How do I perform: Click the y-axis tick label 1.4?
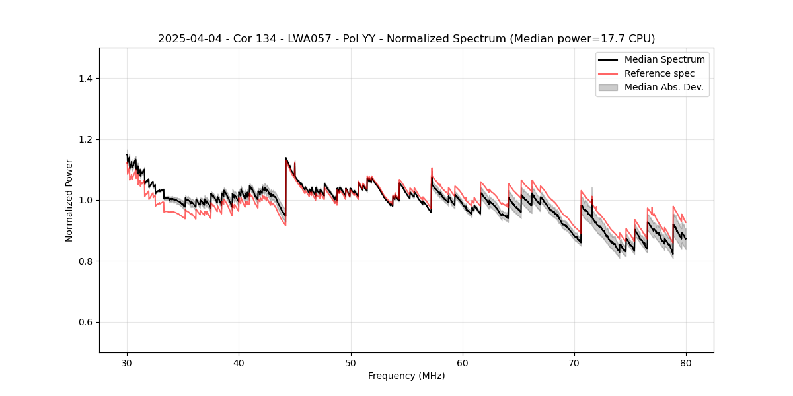[85, 79]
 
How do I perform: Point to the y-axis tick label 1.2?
[85, 139]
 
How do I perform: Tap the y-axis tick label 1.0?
[85, 200]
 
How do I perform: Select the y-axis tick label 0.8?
[85, 261]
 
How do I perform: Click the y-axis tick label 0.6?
[85, 322]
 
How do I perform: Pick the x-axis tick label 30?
[127, 363]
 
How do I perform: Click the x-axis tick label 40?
[239, 363]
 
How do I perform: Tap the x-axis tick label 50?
[351, 363]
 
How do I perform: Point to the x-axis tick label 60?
[463, 363]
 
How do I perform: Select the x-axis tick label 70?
[574, 363]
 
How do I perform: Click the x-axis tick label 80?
[686, 363]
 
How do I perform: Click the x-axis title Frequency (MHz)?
[406, 376]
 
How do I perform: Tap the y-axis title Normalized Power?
[69, 200]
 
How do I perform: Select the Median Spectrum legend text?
[664, 60]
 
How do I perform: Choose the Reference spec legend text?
[659, 73]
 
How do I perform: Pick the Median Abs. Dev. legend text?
[664, 87]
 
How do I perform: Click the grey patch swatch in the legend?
[608, 87]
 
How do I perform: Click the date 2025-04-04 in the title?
[185, 39]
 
